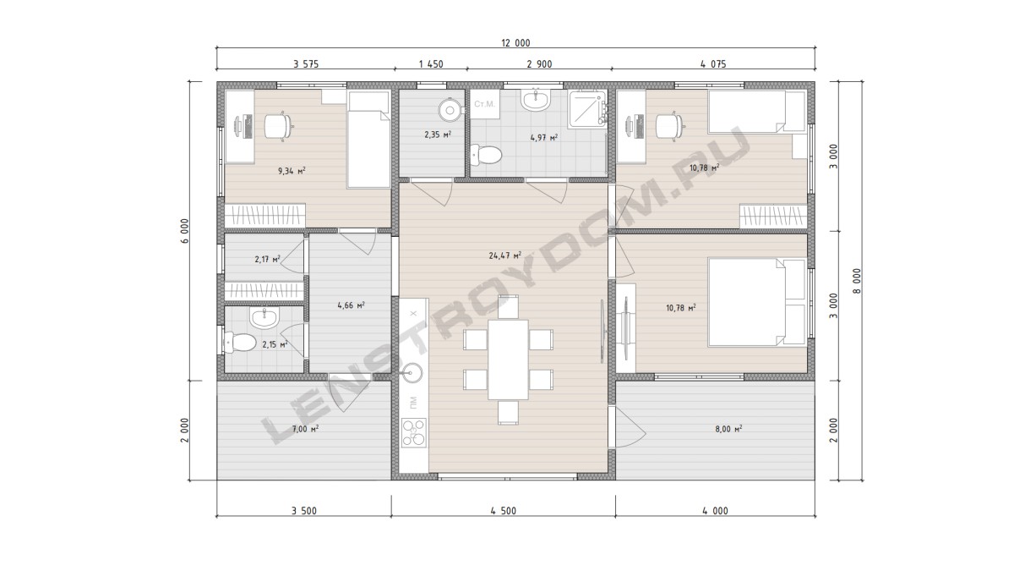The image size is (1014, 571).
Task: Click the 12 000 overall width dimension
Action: click(515, 43)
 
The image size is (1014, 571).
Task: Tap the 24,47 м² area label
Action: click(504, 255)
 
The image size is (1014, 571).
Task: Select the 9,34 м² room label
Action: click(291, 171)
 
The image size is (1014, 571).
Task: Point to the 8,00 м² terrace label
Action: click(728, 429)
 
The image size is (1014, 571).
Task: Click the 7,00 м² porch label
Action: click(305, 429)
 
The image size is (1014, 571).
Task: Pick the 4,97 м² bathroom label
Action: click(543, 137)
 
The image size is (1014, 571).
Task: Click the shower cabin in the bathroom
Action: click(588, 108)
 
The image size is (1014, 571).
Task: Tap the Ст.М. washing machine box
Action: click(484, 104)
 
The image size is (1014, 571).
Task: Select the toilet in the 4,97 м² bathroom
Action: click(486, 155)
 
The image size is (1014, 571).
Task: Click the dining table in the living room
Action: click(508, 360)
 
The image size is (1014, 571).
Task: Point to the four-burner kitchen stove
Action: click(414, 432)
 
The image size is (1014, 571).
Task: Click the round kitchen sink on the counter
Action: click(412, 373)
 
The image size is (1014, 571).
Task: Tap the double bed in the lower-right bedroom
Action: click(757, 302)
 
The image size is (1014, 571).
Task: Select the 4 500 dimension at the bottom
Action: click(503, 511)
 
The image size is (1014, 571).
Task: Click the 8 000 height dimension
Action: click(857, 281)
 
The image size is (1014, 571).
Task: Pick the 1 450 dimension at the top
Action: click(431, 64)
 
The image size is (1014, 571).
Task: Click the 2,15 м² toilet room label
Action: click(275, 345)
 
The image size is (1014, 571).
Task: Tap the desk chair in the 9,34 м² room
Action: click(277, 125)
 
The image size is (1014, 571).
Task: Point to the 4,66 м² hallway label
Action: click(351, 305)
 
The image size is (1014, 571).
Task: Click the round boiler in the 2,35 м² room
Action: click(450, 110)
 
